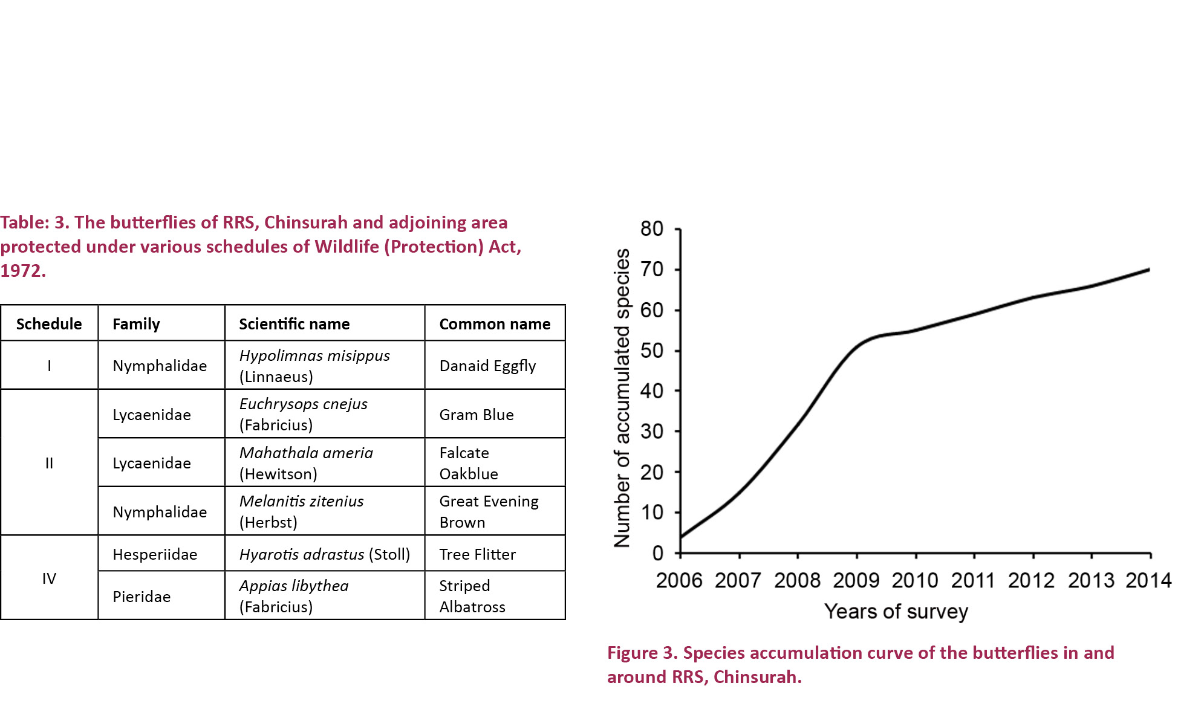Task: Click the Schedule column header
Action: [49, 324]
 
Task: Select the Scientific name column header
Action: [294, 324]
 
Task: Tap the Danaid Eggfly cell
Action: [487, 366]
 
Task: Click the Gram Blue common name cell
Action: [477, 415]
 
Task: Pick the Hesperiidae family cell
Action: [155, 554]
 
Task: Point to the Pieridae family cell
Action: [142, 597]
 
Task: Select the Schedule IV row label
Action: [49, 578]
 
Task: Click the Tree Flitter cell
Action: [477, 554]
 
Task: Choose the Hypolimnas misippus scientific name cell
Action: [314, 366]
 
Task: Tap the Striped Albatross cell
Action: [472, 597]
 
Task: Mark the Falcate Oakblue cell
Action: [469, 463]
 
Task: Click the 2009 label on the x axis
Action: [856, 581]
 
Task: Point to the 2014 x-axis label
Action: [1148, 581]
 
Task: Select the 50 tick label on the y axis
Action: [652, 351]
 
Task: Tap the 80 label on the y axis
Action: [652, 228]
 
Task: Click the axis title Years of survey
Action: [896, 612]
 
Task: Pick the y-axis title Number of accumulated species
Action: [622, 398]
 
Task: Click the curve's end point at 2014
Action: [1149, 270]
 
